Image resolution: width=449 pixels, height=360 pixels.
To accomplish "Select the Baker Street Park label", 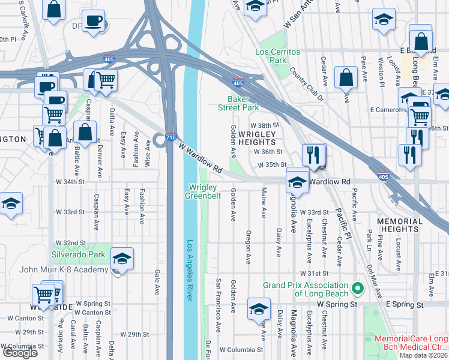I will click(x=243, y=103).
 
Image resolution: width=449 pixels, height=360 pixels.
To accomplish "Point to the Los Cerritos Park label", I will click(x=277, y=56).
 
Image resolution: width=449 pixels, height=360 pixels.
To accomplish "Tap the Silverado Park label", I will click(x=79, y=255).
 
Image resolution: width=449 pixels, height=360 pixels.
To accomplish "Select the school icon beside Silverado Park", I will click(x=122, y=259).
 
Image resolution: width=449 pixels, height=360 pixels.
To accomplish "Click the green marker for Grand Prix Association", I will click(x=358, y=289).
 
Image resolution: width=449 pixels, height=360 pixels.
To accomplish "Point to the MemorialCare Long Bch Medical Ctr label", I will click(x=412, y=343).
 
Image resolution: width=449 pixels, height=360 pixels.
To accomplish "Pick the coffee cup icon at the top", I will click(x=93, y=22).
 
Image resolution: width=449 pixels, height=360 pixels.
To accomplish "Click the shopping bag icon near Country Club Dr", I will click(x=346, y=78).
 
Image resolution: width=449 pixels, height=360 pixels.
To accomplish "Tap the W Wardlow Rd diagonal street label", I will click(x=200, y=157).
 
